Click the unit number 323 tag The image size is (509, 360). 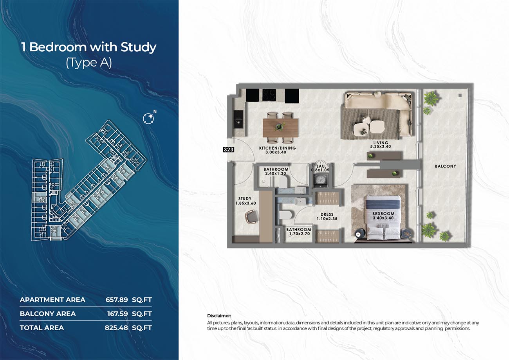click(228, 149)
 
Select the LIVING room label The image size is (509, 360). click(381, 143)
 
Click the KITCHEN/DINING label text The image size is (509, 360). click(278, 148)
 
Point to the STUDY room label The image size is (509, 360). click(245, 199)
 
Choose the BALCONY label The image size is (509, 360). click(446, 166)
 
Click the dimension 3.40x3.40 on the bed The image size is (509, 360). click(383, 218)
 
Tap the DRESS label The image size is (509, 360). click(327, 214)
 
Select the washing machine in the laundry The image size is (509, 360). click(321, 180)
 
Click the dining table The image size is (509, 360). click(280, 128)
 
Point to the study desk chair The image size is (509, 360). click(252, 217)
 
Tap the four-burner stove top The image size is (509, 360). click(269, 95)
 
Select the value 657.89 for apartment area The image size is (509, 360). click(117, 300)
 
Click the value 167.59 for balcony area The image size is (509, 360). click(117, 314)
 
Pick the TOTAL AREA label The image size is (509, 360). click(42, 328)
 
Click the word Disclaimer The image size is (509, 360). click(219, 316)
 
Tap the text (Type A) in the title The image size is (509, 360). click(89, 63)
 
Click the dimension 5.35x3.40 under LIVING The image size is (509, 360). click(381, 147)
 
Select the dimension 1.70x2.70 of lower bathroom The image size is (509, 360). click(299, 234)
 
